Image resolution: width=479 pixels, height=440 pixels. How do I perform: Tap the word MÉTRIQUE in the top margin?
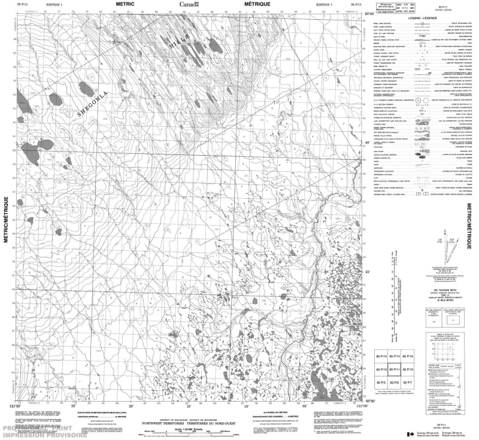[x=257, y=4]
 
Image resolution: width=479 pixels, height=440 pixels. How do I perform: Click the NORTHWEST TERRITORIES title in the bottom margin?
[x=190, y=422]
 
